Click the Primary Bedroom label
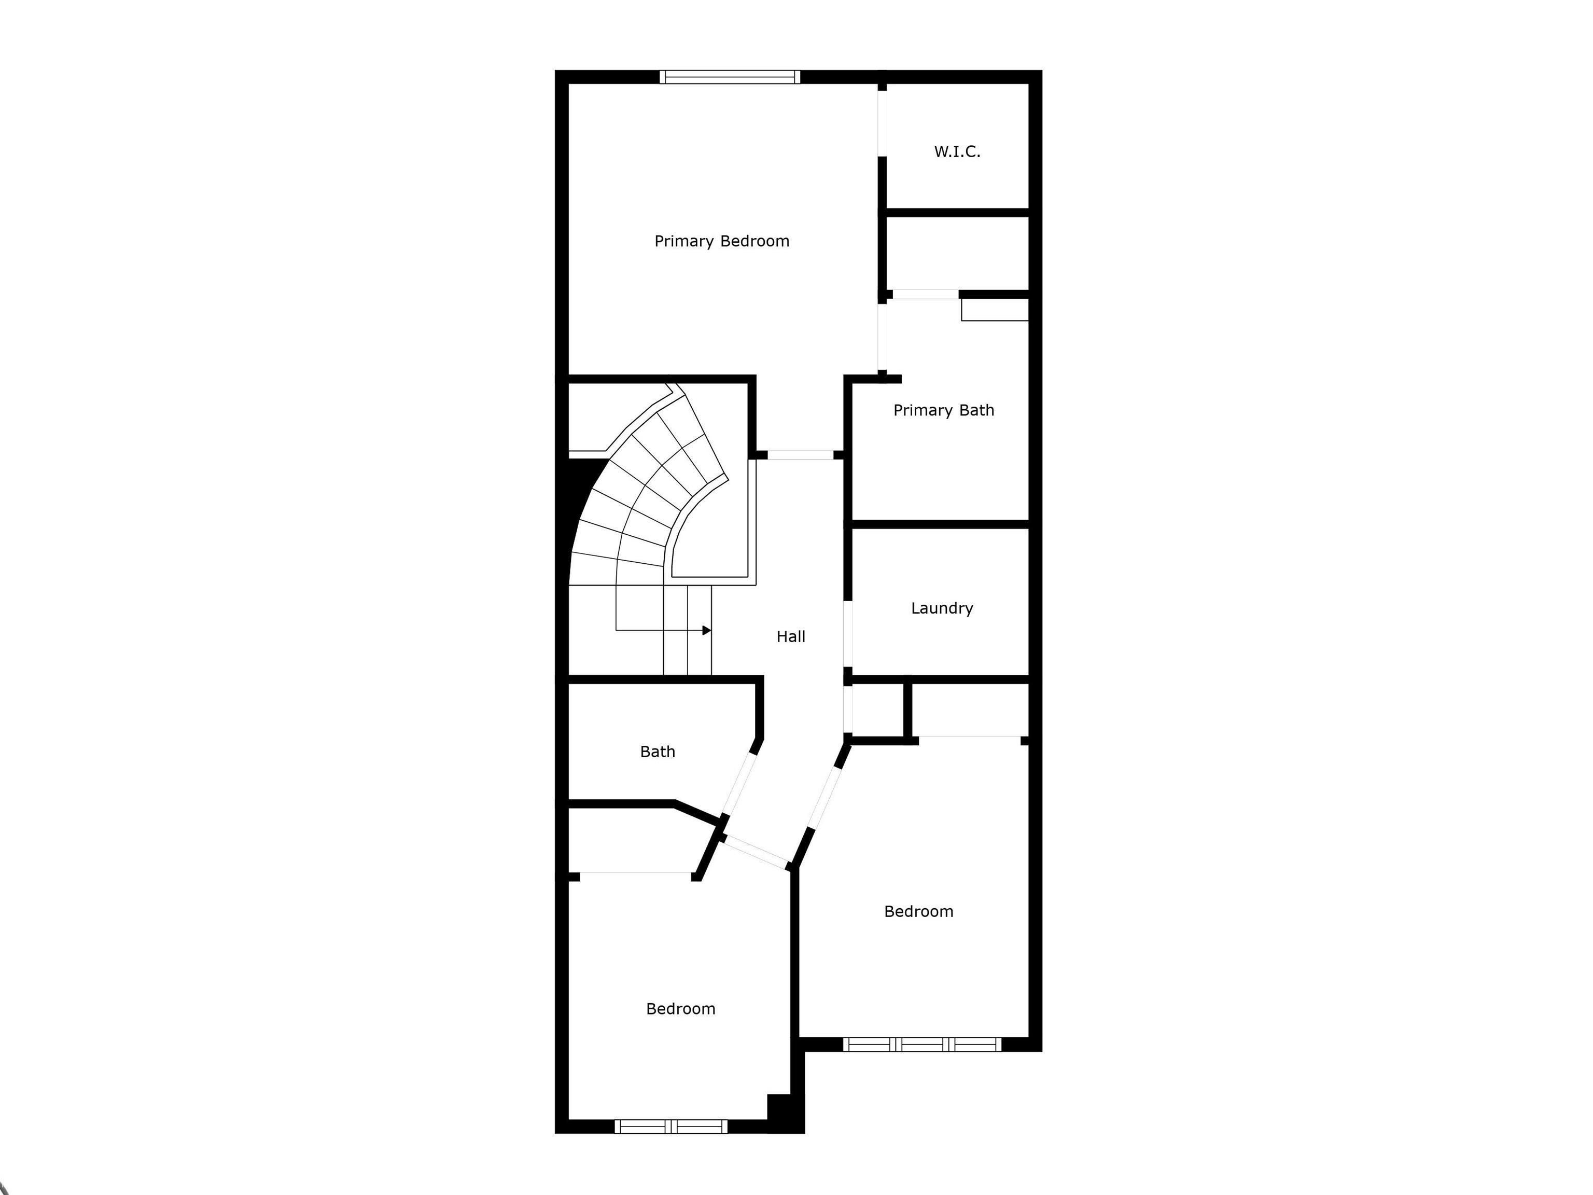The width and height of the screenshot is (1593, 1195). click(722, 241)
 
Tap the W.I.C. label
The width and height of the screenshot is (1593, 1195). click(957, 152)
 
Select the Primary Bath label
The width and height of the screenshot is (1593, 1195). click(943, 411)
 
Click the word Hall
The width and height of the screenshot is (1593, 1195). click(791, 637)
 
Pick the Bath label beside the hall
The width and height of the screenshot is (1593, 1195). click(658, 752)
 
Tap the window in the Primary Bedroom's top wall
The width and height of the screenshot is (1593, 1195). click(730, 77)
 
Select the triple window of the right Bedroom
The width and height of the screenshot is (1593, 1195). click(922, 1044)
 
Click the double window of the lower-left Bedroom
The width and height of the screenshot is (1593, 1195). click(671, 1126)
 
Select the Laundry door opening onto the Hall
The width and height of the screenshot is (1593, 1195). click(848, 632)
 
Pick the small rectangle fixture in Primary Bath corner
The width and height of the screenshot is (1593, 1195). click(995, 310)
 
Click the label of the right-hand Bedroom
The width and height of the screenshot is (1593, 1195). click(918, 912)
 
